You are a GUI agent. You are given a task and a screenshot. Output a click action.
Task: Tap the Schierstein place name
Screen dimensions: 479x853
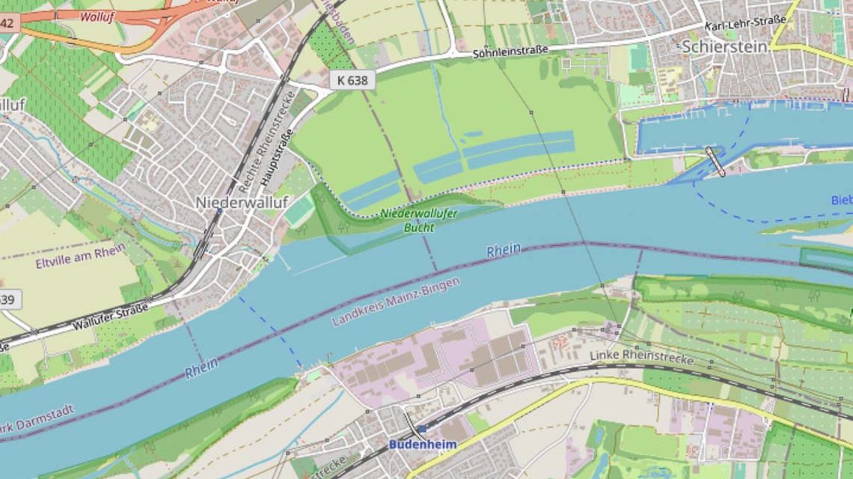tap(724, 46)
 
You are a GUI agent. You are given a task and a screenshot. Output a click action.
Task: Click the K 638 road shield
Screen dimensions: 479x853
tap(352, 80)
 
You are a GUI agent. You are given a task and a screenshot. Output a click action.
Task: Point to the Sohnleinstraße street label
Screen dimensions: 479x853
tap(510, 51)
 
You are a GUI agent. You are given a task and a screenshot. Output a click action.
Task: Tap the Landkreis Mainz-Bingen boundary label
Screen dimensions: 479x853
tap(396, 302)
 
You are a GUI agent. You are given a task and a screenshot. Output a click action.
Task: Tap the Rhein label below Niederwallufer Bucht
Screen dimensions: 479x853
tap(504, 251)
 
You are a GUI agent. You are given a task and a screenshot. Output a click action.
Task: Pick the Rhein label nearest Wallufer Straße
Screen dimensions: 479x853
tap(201, 367)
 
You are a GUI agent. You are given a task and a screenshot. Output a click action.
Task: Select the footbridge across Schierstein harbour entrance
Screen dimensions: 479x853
tap(715, 161)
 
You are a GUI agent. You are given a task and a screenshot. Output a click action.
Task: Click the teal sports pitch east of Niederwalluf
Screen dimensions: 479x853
tap(299, 212)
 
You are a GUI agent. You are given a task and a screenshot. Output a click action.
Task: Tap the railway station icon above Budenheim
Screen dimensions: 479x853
tap(421, 429)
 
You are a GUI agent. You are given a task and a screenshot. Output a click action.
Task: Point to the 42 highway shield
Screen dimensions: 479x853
tap(7, 23)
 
